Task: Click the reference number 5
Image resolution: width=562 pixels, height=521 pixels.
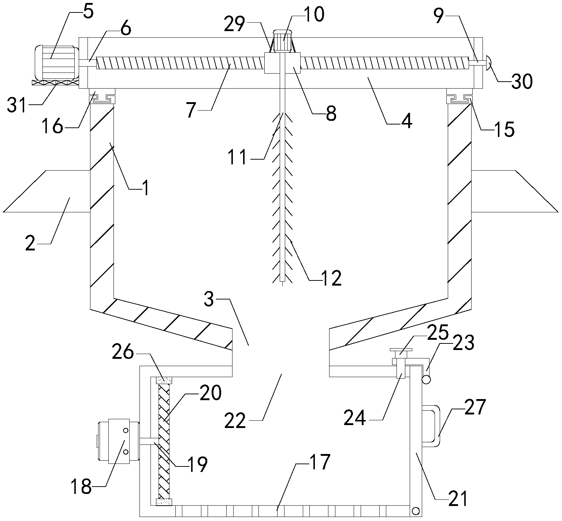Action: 88,12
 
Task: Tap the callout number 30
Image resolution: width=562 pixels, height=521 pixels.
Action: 522,82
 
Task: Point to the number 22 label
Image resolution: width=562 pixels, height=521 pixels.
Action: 235,421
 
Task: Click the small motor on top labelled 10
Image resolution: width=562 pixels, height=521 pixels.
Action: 282,41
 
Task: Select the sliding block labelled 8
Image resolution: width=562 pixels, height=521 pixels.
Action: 282,63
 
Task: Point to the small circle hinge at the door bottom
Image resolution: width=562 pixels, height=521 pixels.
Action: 416,511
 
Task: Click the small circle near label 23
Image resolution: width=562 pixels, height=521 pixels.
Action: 426,380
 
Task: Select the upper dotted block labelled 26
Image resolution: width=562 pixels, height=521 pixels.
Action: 164,380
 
